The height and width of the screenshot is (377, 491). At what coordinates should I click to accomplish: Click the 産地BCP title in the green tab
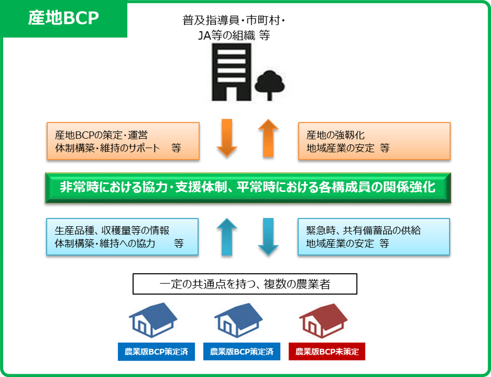coord(63,18)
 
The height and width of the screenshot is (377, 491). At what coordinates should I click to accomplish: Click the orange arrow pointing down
coord(227,138)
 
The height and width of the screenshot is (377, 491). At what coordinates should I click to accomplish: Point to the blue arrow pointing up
coord(227,237)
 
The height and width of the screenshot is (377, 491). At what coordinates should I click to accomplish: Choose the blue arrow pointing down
coord(268,237)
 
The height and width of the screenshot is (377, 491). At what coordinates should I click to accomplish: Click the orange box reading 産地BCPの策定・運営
coord(123,141)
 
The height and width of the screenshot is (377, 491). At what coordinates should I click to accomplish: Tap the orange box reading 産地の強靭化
coord(374,141)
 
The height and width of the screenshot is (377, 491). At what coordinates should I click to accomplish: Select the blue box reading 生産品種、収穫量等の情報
coord(122,237)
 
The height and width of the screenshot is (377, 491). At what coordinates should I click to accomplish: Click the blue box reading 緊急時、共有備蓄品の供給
coord(373,237)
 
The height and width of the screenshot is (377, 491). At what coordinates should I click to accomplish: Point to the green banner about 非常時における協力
coord(248,188)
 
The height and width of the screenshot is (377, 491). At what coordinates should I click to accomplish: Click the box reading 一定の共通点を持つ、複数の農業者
coord(245,284)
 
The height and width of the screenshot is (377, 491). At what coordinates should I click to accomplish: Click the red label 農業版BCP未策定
coord(327,351)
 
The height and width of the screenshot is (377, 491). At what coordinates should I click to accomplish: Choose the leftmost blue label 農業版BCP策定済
coord(156,351)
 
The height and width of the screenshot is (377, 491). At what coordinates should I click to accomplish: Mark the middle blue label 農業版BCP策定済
coord(242,351)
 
